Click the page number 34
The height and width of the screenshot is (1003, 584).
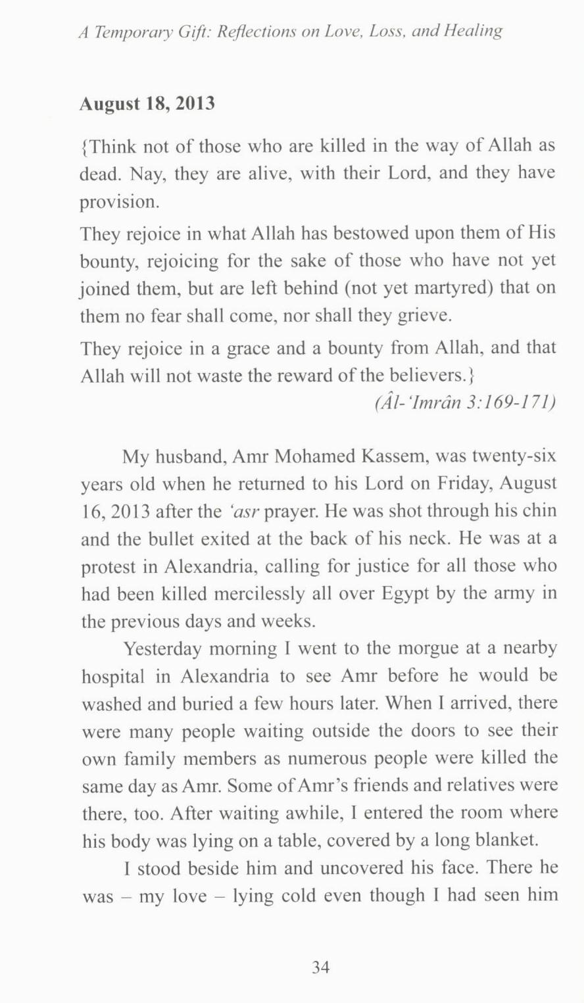tap(320, 967)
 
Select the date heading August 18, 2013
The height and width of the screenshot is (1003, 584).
tap(147, 104)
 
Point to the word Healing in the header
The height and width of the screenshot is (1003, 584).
tap(475, 31)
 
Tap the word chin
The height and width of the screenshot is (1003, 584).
tap(541, 511)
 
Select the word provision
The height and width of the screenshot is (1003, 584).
tap(119, 201)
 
